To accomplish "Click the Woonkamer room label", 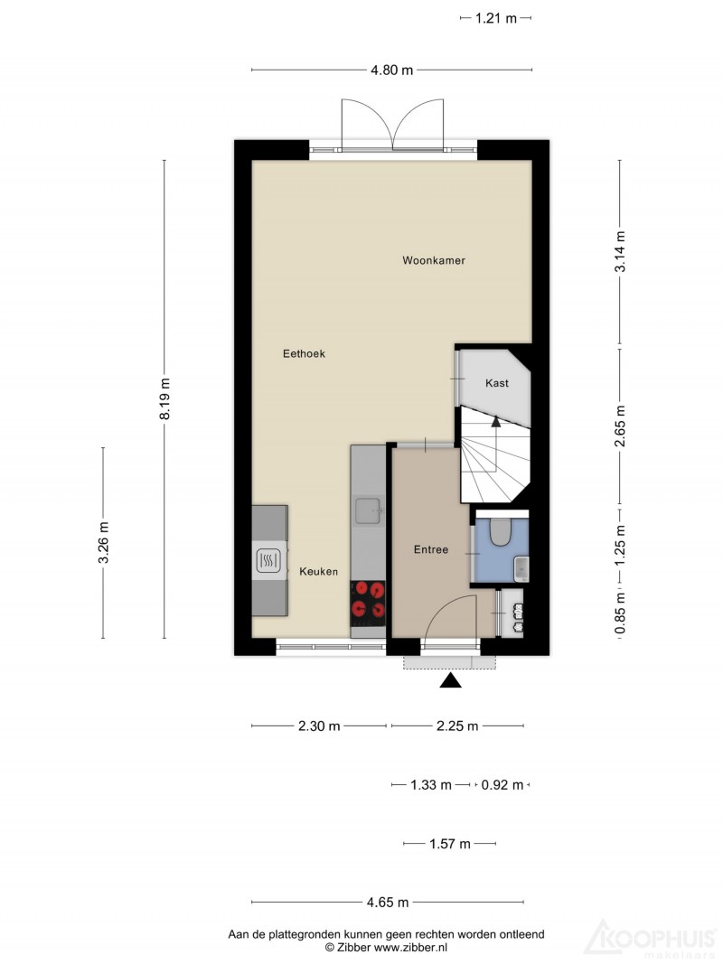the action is tap(434, 260).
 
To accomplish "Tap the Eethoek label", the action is tap(304, 353).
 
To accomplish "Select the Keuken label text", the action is tap(318, 572).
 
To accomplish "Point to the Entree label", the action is tap(431, 549).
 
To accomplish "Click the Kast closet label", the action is tap(497, 383).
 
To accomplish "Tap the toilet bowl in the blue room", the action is tap(501, 532).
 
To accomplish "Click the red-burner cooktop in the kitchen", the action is tap(368, 599).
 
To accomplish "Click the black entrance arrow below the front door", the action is tap(451, 680).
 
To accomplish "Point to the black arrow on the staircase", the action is tap(495, 420).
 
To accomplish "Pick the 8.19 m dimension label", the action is tap(164, 399).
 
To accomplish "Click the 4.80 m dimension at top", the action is tap(391, 70).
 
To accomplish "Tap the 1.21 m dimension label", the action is tap(495, 18).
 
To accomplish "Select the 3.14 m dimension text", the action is tap(620, 251).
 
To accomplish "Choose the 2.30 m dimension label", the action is tap(319, 726).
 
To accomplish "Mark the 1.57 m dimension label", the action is tap(449, 844).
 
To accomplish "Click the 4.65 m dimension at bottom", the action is tap(388, 903).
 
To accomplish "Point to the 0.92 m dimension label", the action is tap(502, 785).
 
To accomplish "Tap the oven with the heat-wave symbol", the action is tap(269, 561).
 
